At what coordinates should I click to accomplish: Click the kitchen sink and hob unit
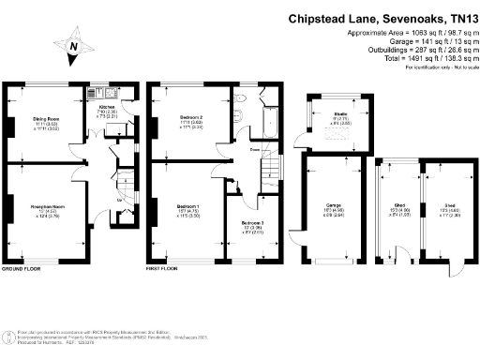tap(112, 94)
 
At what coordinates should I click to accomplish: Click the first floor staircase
tap(271, 169)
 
